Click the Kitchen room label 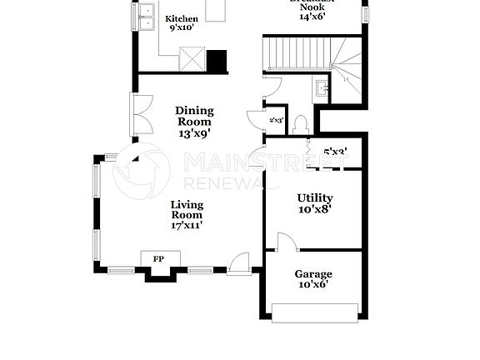pos(181,19)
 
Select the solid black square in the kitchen pos(217,62)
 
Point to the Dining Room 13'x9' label pos(194,122)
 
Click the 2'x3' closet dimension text pos(277,121)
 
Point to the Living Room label pos(187,210)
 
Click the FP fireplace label pos(158,259)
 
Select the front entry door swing pos(239,262)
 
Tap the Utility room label pos(314,198)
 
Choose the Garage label pos(313,274)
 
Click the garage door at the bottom pos(314,314)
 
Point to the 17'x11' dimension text pos(187,225)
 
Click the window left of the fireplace pos(121,270)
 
